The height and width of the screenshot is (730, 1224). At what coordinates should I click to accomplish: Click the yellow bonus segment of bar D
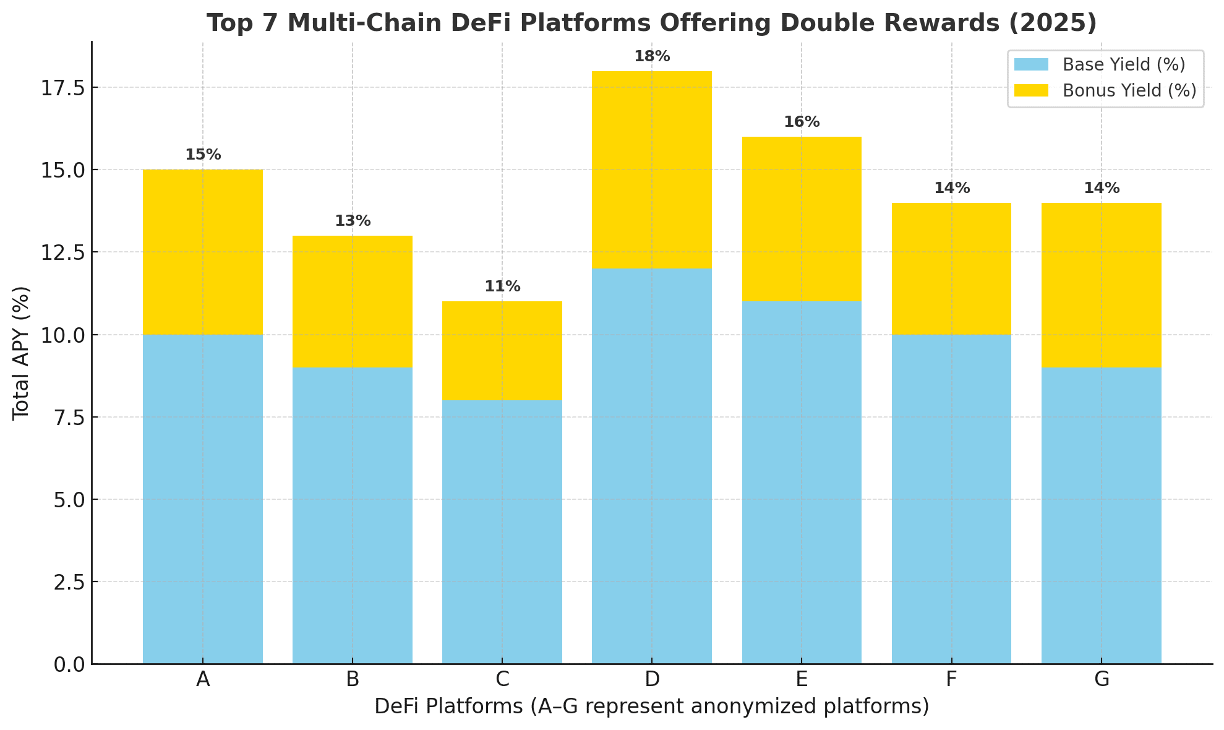652,170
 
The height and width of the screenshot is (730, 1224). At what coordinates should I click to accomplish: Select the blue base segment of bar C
502,532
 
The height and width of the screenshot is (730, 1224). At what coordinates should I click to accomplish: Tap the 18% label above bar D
652,57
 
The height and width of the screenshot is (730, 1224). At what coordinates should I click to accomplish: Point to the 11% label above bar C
502,287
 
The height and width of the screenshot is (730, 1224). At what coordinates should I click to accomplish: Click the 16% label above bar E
802,122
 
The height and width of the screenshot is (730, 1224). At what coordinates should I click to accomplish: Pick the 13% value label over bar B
353,221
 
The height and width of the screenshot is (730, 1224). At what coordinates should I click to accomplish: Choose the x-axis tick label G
1102,680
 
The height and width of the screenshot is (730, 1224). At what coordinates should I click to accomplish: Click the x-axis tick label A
203,680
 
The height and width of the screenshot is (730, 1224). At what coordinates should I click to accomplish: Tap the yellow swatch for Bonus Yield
1031,91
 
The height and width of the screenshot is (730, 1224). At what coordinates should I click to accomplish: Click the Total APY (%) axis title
21,353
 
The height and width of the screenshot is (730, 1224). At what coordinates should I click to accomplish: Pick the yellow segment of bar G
1102,285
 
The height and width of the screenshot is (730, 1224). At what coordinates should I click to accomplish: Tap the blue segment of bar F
951,499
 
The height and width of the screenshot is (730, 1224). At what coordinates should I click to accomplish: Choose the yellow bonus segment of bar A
203,252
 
